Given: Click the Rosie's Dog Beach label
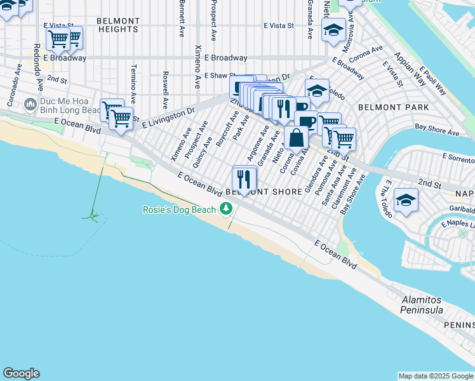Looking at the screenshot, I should pos(178,209).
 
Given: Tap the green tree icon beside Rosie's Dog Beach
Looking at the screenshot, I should pos(225,209).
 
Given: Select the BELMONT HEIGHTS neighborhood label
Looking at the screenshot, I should pos(117,25).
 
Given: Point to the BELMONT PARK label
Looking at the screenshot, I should pos(393,108).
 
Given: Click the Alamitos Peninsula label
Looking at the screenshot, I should pos(421,304).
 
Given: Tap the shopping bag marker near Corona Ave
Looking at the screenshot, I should pos(297,138).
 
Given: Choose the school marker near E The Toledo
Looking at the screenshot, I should pos(406,201).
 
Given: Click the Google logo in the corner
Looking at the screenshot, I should pos(21,373).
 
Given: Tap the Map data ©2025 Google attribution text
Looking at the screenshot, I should pos(435,376).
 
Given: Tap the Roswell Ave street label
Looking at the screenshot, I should pos(165,90).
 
